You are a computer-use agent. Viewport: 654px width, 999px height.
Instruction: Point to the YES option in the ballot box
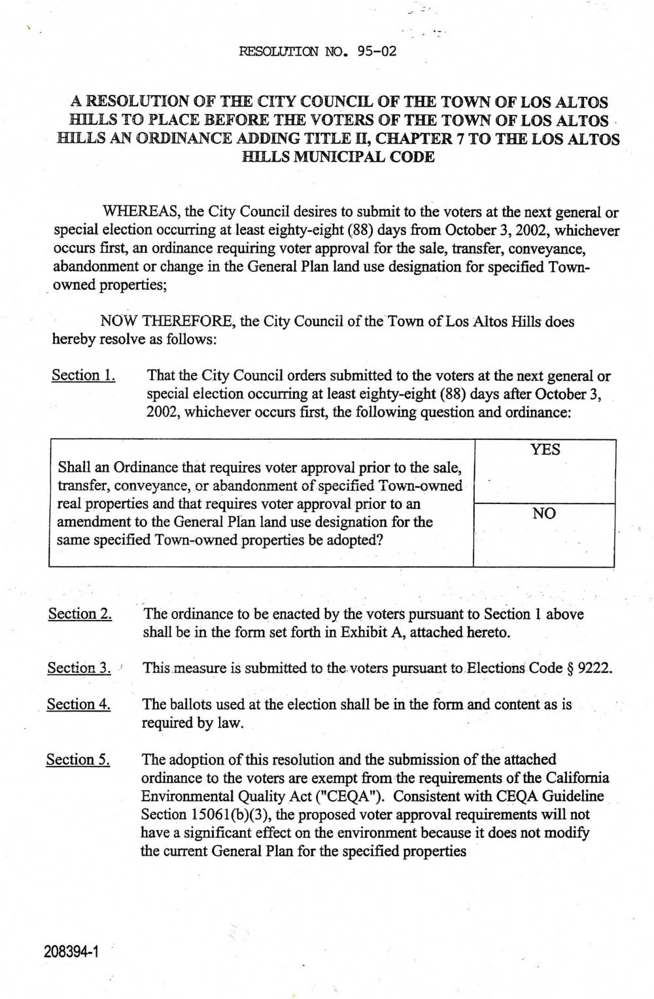point(545,450)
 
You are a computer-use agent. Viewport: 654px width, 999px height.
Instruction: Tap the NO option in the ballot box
point(544,514)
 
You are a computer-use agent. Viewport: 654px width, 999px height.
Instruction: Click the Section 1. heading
point(83,375)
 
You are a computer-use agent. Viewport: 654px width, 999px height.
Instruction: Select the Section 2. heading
point(80,614)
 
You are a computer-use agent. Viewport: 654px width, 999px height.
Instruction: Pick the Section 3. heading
point(79,668)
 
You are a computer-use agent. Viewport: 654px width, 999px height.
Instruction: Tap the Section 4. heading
point(78,704)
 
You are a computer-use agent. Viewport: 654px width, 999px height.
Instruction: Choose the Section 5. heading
point(78,760)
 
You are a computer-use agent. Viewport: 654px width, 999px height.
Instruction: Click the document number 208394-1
point(71,951)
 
